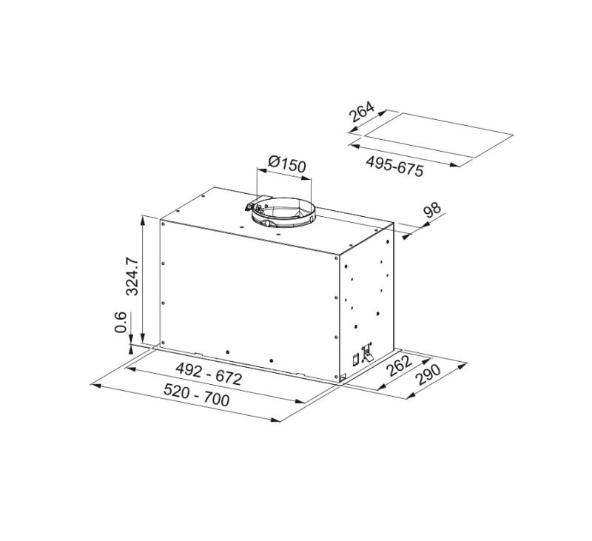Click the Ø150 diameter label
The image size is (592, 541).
click(286, 164)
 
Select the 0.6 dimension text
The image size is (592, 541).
click(121, 323)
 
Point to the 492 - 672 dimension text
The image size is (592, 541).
click(208, 375)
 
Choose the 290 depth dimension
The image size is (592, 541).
click(428, 377)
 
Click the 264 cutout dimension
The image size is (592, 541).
click(361, 112)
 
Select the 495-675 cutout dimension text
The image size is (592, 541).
click(395, 165)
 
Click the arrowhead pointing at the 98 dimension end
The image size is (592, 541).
click(406, 238)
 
